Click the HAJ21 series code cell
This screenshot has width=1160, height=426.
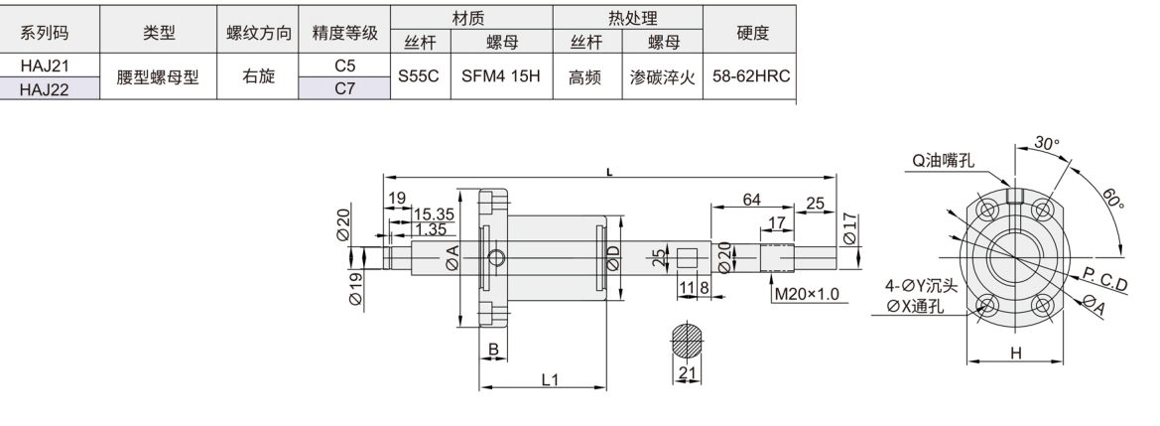point(45,66)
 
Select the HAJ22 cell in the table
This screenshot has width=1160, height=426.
point(45,89)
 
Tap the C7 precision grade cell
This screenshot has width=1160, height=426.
point(344,89)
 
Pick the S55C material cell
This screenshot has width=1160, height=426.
point(419,75)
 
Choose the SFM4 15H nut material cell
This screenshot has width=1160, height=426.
point(501,75)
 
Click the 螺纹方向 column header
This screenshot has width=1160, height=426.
point(259,34)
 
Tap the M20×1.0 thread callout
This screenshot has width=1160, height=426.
point(807,294)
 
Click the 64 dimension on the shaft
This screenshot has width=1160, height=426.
point(751,200)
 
